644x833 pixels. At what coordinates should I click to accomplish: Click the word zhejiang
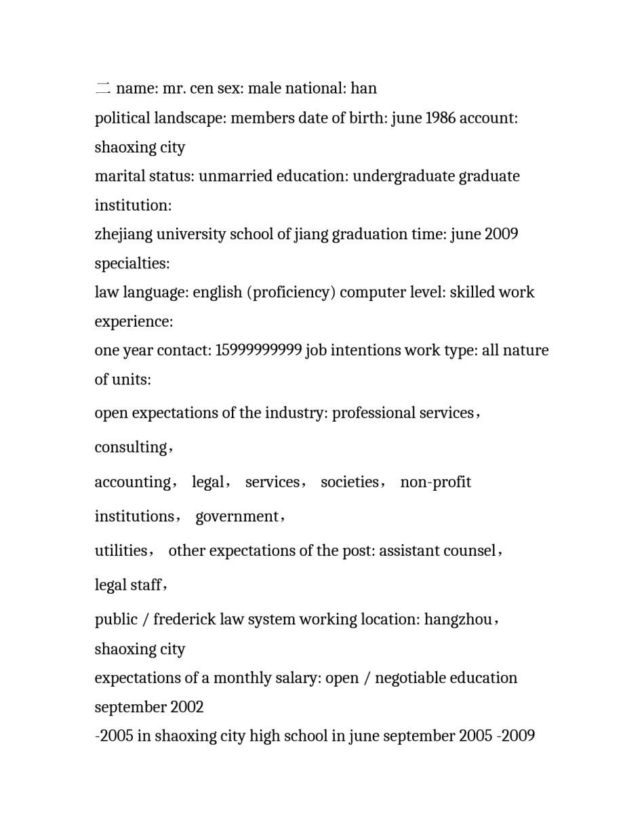pos(123,235)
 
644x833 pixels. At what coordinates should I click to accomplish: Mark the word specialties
pos(132,263)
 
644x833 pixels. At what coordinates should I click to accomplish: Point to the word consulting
pos(131,447)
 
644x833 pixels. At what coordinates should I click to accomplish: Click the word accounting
pos(132,482)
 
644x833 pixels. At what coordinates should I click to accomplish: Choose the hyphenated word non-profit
pos(435,482)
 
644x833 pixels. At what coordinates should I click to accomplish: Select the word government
pos(237,516)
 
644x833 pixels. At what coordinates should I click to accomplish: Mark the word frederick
pos(184,619)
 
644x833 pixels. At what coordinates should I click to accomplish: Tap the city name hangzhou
pos(458,619)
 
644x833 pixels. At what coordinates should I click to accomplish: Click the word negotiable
pos(412,678)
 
